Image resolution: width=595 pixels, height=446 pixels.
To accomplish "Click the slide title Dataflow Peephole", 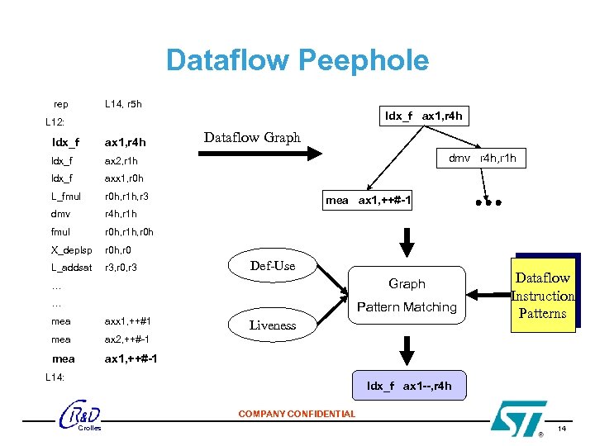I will [x=297, y=60].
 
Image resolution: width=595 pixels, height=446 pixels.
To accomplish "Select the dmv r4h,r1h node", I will [x=487, y=158].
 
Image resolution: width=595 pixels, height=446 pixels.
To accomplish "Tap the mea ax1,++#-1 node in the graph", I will [x=369, y=201].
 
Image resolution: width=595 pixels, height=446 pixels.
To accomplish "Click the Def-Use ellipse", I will [x=273, y=265].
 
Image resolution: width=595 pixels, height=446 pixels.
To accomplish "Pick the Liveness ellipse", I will [x=273, y=325].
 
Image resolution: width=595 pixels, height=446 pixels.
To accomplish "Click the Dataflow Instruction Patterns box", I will [x=542, y=296].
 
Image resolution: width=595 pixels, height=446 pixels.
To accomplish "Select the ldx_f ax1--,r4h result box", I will [x=410, y=386].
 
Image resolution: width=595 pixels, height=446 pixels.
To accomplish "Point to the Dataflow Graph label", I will [x=252, y=137].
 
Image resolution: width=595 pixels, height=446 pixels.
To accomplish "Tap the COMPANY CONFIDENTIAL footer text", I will [x=297, y=414].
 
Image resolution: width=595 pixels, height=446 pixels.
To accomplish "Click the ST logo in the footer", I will [x=518, y=417].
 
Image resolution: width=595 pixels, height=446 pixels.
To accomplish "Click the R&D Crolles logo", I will [x=82, y=416].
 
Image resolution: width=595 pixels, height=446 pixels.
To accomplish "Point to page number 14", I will [x=562, y=429].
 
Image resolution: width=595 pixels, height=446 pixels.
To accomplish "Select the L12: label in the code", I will [x=55, y=122].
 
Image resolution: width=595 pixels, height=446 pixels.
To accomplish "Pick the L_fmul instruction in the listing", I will [x=66, y=197].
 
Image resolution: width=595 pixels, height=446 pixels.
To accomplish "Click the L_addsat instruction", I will [x=71, y=268].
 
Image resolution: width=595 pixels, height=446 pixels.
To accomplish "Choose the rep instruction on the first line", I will [x=61, y=104].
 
